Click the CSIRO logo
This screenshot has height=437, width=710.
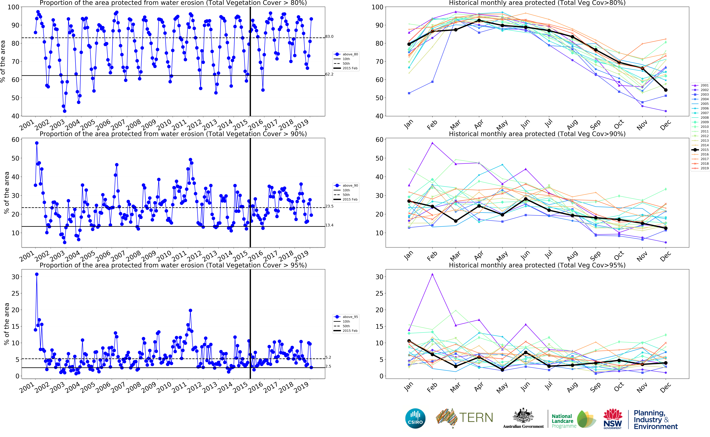click(415, 418)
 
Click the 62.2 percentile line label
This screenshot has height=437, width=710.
click(329, 74)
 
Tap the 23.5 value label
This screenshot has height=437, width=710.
click(329, 206)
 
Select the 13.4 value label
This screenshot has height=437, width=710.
click(329, 225)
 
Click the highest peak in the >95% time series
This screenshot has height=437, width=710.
click(37, 274)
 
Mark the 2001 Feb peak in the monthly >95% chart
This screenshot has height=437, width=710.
click(432, 274)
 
